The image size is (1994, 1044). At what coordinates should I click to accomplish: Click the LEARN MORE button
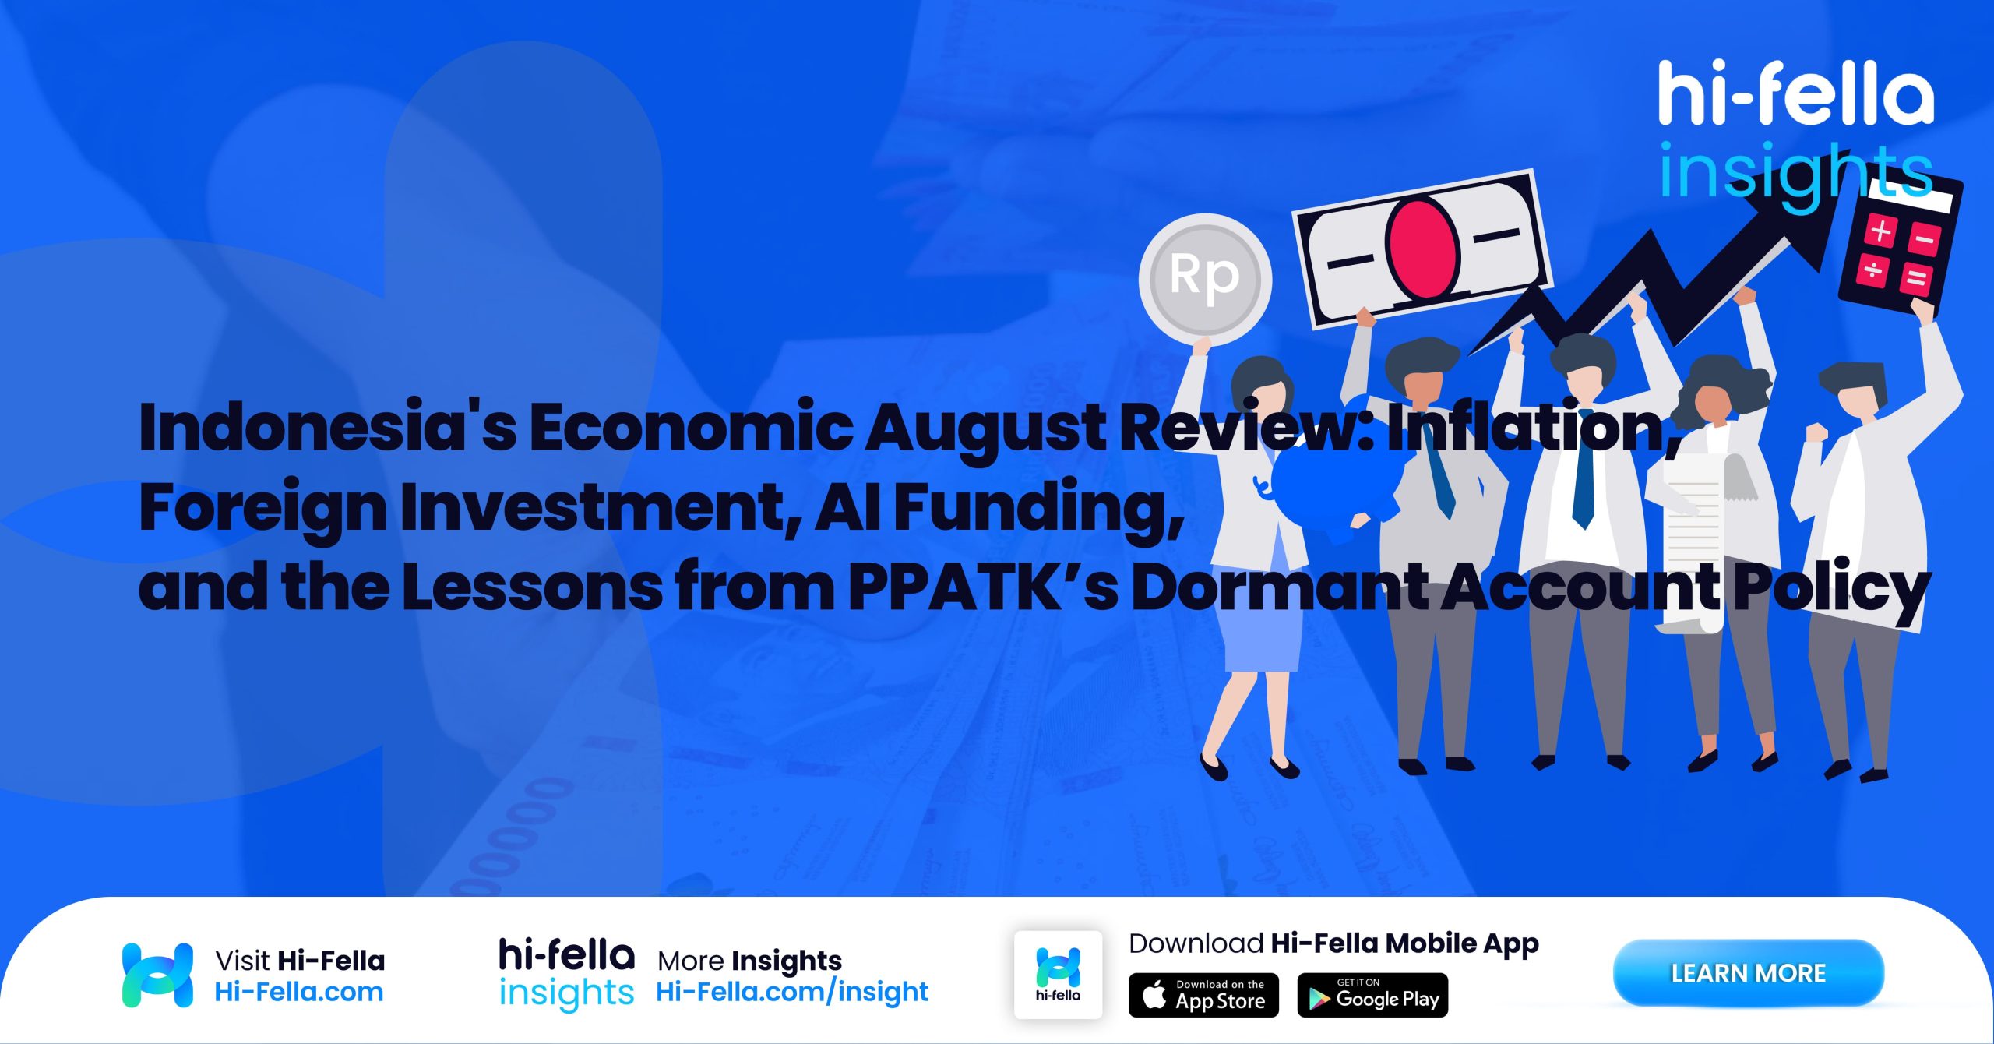pos(1748,973)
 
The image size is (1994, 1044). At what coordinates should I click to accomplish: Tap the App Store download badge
pos(1203,995)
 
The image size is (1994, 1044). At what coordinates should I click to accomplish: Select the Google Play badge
pos(1372,995)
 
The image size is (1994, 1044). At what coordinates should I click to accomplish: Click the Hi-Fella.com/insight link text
pos(792,992)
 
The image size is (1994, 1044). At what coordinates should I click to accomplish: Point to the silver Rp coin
pos(1205,279)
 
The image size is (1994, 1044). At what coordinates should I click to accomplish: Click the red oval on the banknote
pos(1422,248)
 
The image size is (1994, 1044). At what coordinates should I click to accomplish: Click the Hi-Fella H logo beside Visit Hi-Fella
pos(157,975)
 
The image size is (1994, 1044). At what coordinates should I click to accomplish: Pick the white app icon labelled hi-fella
pos(1058,975)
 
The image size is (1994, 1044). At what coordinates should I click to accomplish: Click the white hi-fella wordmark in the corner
pos(1795,94)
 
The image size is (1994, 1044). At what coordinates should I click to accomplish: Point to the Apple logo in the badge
pos(1154,995)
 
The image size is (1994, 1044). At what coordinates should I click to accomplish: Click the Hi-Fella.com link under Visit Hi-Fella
pos(299,992)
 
